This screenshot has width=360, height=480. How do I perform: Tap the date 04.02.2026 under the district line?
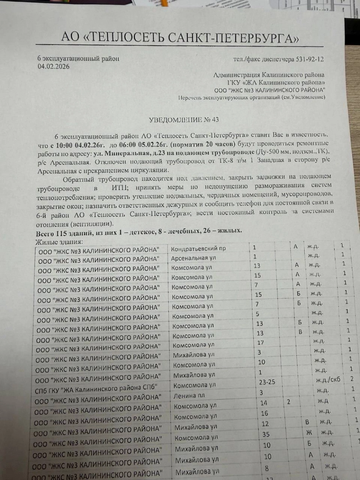pyautogui.click(x=54, y=66)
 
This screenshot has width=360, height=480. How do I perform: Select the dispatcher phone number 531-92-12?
pyautogui.click(x=310, y=59)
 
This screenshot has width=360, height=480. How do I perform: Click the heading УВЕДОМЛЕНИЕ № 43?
pyautogui.click(x=184, y=120)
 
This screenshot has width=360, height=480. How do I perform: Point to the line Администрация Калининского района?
pyautogui.click(x=269, y=75)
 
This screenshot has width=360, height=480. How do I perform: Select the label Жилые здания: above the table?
pyautogui.click(x=59, y=241)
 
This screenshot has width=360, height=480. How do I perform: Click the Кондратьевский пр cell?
pyautogui.click(x=198, y=248)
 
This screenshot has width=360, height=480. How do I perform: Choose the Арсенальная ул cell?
pyautogui.click(x=194, y=258)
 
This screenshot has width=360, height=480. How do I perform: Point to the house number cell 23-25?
pyautogui.click(x=267, y=382)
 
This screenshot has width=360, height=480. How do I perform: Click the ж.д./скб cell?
pyautogui.click(x=328, y=380)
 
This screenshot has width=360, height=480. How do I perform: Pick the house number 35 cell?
pyautogui.click(x=266, y=434)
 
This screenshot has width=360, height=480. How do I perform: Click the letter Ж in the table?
pyautogui.click(x=309, y=432)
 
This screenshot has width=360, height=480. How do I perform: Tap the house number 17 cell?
pyautogui.click(x=261, y=342)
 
